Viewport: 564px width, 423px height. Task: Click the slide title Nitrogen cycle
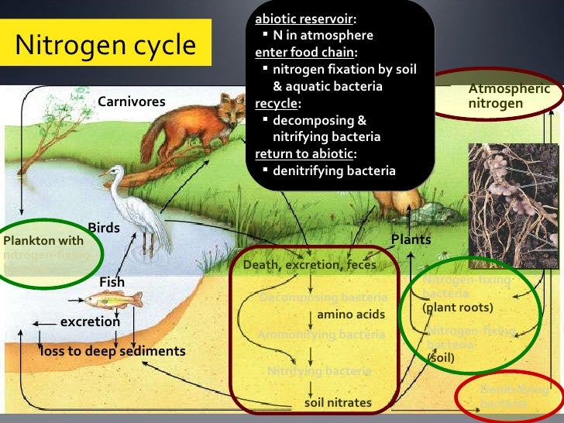point(106,45)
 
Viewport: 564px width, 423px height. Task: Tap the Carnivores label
point(131,102)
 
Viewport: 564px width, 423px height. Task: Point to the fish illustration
point(114,299)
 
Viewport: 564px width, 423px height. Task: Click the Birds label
point(104,227)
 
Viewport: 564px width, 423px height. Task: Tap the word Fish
point(112,281)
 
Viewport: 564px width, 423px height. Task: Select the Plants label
point(411,239)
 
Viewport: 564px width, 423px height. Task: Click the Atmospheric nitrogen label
point(509,96)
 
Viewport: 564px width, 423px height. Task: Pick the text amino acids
point(346,315)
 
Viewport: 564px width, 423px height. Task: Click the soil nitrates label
point(338,402)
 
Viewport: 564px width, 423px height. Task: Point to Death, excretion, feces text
point(310,265)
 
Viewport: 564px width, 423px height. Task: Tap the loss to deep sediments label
point(113,351)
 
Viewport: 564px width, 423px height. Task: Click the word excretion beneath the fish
point(90,321)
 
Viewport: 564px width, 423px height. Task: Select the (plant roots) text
point(458,308)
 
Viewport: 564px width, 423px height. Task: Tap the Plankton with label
point(43,240)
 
